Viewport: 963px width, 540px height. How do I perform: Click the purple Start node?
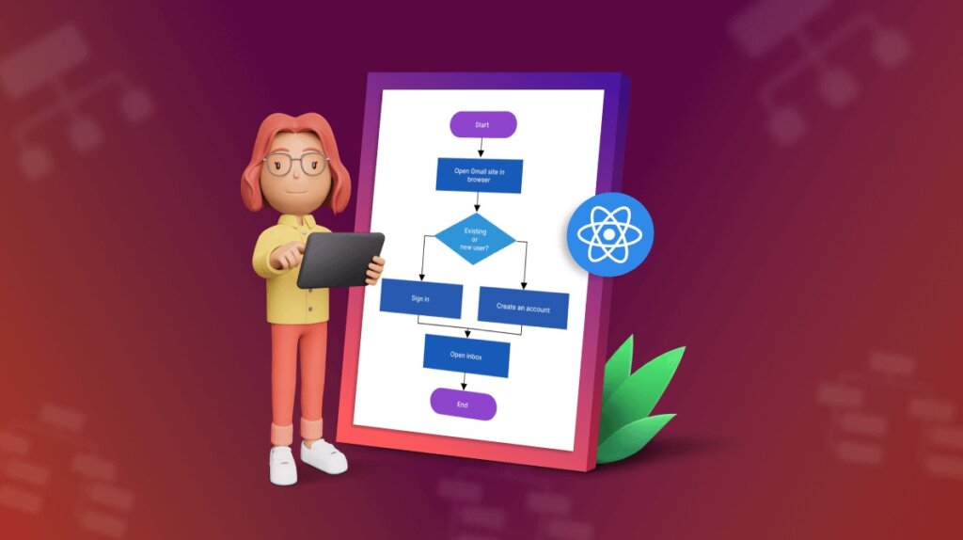point(483,124)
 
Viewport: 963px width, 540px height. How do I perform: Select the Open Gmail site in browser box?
point(479,175)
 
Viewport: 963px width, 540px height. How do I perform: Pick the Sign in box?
point(420,297)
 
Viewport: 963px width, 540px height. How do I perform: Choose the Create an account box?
point(523,308)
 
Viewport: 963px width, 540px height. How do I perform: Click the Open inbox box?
point(466,355)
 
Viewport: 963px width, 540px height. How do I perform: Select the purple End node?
point(463,404)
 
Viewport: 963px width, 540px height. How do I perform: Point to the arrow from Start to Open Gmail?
point(481,147)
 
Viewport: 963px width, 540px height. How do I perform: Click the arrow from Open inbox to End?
point(465,381)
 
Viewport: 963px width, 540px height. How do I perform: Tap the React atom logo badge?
point(609,234)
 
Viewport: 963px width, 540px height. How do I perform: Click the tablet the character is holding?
point(339,259)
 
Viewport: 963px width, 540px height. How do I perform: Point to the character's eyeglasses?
point(295,165)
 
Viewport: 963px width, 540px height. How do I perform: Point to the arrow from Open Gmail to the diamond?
point(477,202)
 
